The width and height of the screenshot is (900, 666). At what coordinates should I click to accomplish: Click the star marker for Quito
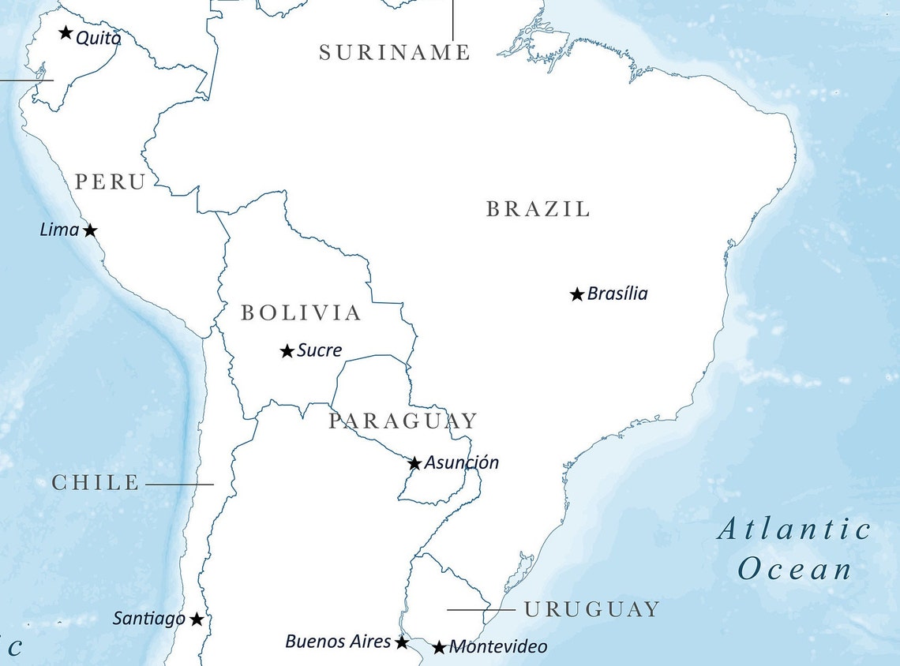(x=66, y=33)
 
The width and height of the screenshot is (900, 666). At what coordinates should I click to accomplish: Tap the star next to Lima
(x=90, y=230)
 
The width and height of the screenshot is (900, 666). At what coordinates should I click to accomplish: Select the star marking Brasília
(x=577, y=294)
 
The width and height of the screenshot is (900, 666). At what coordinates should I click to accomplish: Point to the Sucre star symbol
(x=287, y=351)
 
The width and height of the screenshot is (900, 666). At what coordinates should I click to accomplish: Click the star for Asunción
(x=414, y=463)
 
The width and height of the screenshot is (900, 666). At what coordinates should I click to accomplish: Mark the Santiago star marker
(x=197, y=619)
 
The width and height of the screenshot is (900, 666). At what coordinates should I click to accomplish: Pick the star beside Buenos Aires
(x=402, y=642)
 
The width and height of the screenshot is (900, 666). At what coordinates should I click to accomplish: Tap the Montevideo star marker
(x=440, y=648)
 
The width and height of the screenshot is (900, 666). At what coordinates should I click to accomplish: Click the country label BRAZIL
(x=538, y=209)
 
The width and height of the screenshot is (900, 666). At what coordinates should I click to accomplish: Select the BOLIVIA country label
(x=301, y=313)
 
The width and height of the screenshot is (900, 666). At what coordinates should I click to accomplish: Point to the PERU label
(x=110, y=182)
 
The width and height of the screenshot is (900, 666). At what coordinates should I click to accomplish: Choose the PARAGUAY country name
(x=403, y=421)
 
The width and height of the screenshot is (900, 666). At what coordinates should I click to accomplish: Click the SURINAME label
(x=394, y=53)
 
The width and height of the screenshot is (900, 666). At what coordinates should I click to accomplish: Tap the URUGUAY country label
(x=591, y=609)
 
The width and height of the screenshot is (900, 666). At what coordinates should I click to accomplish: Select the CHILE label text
(x=96, y=483)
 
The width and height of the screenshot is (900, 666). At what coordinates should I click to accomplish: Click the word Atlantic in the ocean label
(x=793, y=529)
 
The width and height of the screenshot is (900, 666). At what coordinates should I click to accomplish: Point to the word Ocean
(x=795, y=569)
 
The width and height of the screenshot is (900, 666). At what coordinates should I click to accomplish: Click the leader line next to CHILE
(x=179, y=484)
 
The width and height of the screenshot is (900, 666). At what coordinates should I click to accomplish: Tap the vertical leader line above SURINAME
(x=452, y=20)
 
